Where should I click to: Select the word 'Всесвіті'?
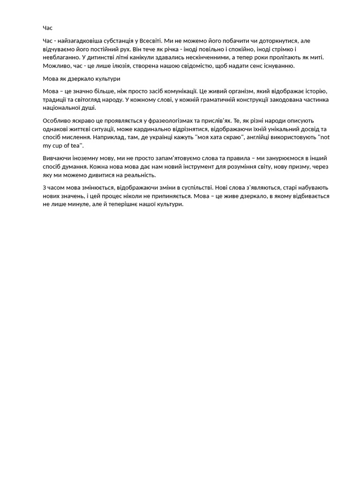pos(151,41)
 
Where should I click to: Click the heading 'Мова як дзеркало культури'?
pos(82,79)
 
